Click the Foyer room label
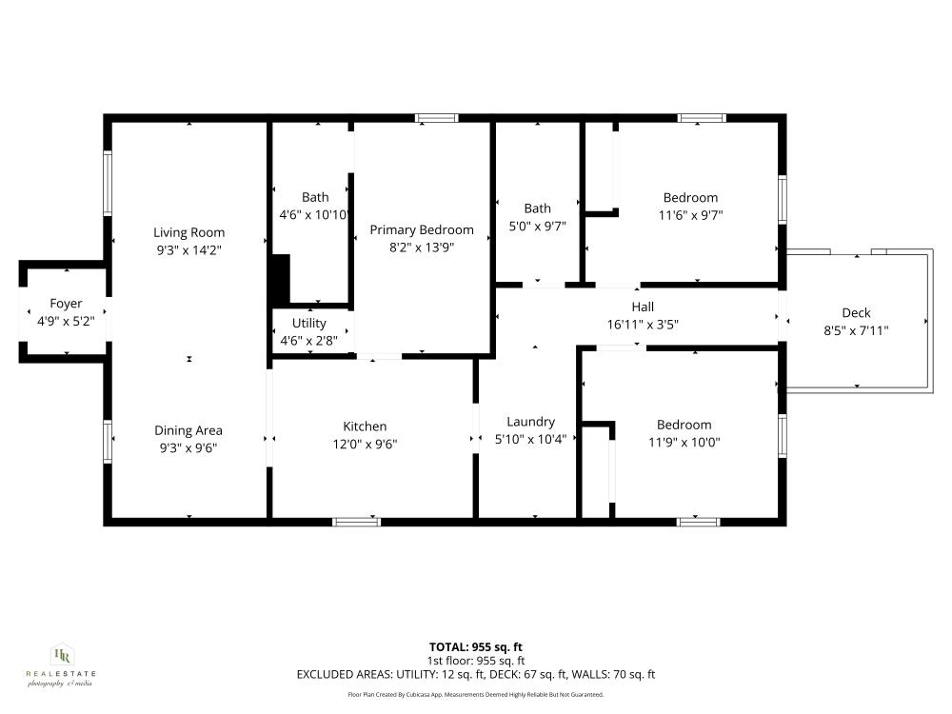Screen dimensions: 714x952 [66, 304]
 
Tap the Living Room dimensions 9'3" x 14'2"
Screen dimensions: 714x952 [188, 249]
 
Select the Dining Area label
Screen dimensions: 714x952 [188, 430]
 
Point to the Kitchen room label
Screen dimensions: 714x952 [365, 426]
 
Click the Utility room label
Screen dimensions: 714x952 [308, 324]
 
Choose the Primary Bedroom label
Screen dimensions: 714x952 [422, 229]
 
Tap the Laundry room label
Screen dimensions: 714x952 [530, 422]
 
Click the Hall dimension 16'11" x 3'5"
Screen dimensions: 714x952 [643, 324]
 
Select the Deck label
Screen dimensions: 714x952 [856, 313]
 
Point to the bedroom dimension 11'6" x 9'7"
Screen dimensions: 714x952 [690, 215]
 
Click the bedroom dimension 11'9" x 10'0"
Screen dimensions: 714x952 [684, 442]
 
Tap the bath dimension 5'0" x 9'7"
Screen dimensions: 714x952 [537, 227]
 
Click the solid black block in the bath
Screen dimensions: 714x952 [281, 277]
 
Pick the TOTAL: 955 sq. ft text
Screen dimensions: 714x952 [476, 646]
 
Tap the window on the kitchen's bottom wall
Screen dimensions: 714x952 [357, 521]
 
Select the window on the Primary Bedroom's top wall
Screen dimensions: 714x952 [437, 118]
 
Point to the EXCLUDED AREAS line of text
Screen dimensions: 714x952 [476, 675]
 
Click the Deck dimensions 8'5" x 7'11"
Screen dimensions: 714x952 [856, 331]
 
